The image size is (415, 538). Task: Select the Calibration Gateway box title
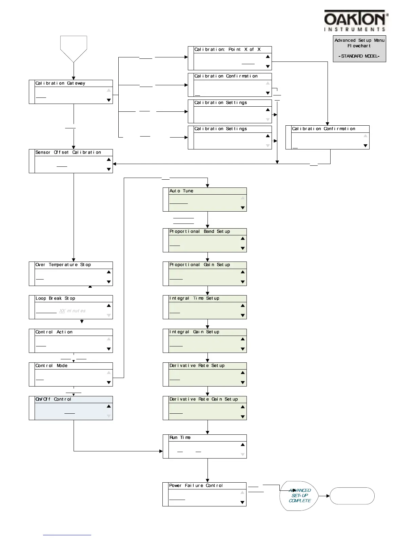pyautogui.click(x=60, y=83)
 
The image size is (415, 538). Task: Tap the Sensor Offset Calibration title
pyautogui.click(x=68, y=153)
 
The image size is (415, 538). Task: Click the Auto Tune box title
pyautogui.click(x=181, y=191)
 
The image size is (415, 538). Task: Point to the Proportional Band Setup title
pyautogui.click(x=200, y=231)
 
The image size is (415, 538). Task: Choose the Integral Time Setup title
pyautogui.click(x=194, y=298)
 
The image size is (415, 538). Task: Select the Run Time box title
pyautogui.click(x=180, y=437)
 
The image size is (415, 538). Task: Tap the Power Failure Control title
pyautogui.click(x=196, y=486)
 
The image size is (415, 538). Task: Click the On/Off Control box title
pyautogui.click(x=53, y=399)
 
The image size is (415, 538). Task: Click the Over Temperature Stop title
pyautogui.click(x=63, y=265)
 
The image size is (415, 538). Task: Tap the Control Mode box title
pyautogui.click(x=52, y=365)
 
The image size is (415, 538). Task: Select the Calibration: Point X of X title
pyautogui.click(x=228, y=49)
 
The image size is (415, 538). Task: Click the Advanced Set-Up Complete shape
pyautogui.click(x=299, y=496)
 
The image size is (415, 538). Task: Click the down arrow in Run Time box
pyautogui.click(x=242, y=454)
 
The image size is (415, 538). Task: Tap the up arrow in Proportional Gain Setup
pyautogui.click(x=242, y=272)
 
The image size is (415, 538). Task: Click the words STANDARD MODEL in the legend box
pyautogui.click(x=359, y=56)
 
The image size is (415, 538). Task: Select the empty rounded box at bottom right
pyautogui.click(x=352, y=496)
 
